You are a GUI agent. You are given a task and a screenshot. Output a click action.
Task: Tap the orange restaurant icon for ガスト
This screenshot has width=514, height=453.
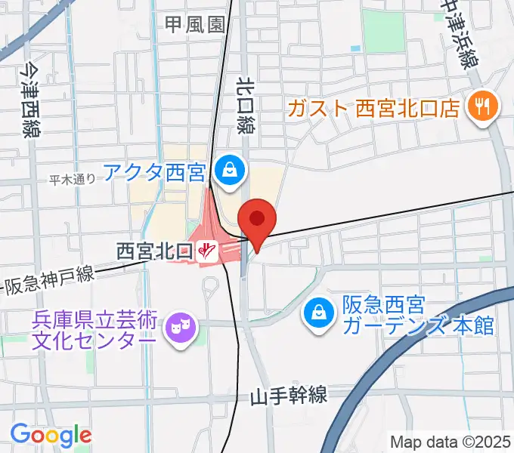coord(479,106)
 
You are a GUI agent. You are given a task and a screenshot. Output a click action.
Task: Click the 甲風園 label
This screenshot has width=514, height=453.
coord(196,24)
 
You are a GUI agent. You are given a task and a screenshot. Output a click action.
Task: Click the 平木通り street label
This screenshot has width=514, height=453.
coord(73,179)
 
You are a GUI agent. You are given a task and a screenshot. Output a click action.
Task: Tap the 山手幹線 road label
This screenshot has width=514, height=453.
coord(290,396)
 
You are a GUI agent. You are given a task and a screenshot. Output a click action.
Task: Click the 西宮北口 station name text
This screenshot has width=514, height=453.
coord(154,248)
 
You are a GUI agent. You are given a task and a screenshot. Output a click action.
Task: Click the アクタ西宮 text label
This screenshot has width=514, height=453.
coord(154,174)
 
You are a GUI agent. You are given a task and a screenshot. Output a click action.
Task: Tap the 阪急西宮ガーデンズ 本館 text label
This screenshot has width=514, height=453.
coord(418,316)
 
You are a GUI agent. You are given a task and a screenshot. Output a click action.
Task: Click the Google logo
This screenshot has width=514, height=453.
coord(51,434)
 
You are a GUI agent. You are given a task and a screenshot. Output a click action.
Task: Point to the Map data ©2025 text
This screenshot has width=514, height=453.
coord(451,442)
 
